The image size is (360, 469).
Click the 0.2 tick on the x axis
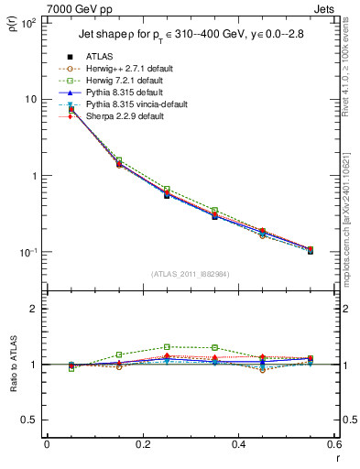(x=143, y=444)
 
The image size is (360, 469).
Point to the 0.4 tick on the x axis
(x=238, y=444)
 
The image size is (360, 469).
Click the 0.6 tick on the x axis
(x=333, y=444)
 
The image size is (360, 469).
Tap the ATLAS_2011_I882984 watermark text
(x=190, y=274)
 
